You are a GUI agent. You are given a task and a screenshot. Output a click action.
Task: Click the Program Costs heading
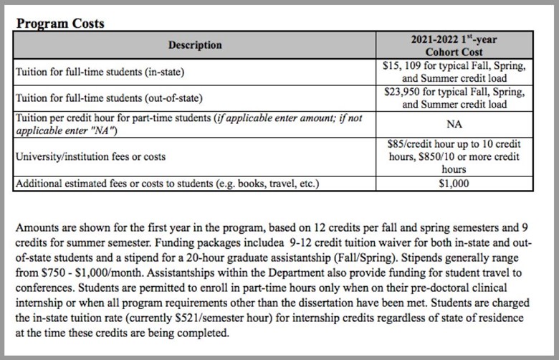[60, 24]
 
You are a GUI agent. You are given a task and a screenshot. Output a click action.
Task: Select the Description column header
[195, 45]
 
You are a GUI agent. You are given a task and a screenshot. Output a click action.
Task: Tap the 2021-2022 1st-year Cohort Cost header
[454, 45]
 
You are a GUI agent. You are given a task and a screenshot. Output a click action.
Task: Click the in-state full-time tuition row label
[108, 72]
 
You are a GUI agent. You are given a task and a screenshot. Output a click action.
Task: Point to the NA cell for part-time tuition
[454, 123]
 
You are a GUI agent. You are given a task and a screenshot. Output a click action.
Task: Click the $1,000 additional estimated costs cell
[454, 183]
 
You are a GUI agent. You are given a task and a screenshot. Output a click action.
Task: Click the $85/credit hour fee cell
[454, 156]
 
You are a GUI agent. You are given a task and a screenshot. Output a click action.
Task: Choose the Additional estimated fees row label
[167, 183]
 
